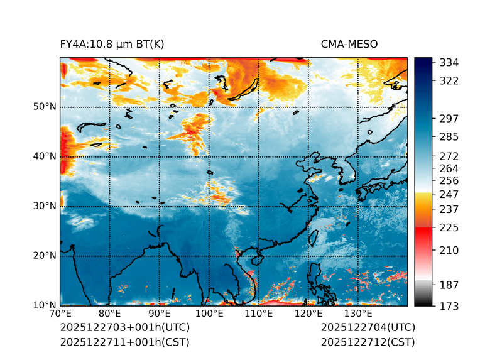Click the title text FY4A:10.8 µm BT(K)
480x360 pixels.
coord(112,45)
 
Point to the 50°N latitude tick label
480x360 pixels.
coord(45,107)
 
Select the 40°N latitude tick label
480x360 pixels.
coord(45,156)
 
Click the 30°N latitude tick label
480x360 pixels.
coord(45,206)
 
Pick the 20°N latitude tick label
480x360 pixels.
coord(45,256)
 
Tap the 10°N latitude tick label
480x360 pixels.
coord(45,305)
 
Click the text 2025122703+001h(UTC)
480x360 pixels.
coord(124,328)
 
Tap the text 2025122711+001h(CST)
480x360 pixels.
coord(124,342)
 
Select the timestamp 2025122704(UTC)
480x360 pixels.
coord(368,328)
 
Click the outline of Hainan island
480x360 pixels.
coord(256,259)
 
